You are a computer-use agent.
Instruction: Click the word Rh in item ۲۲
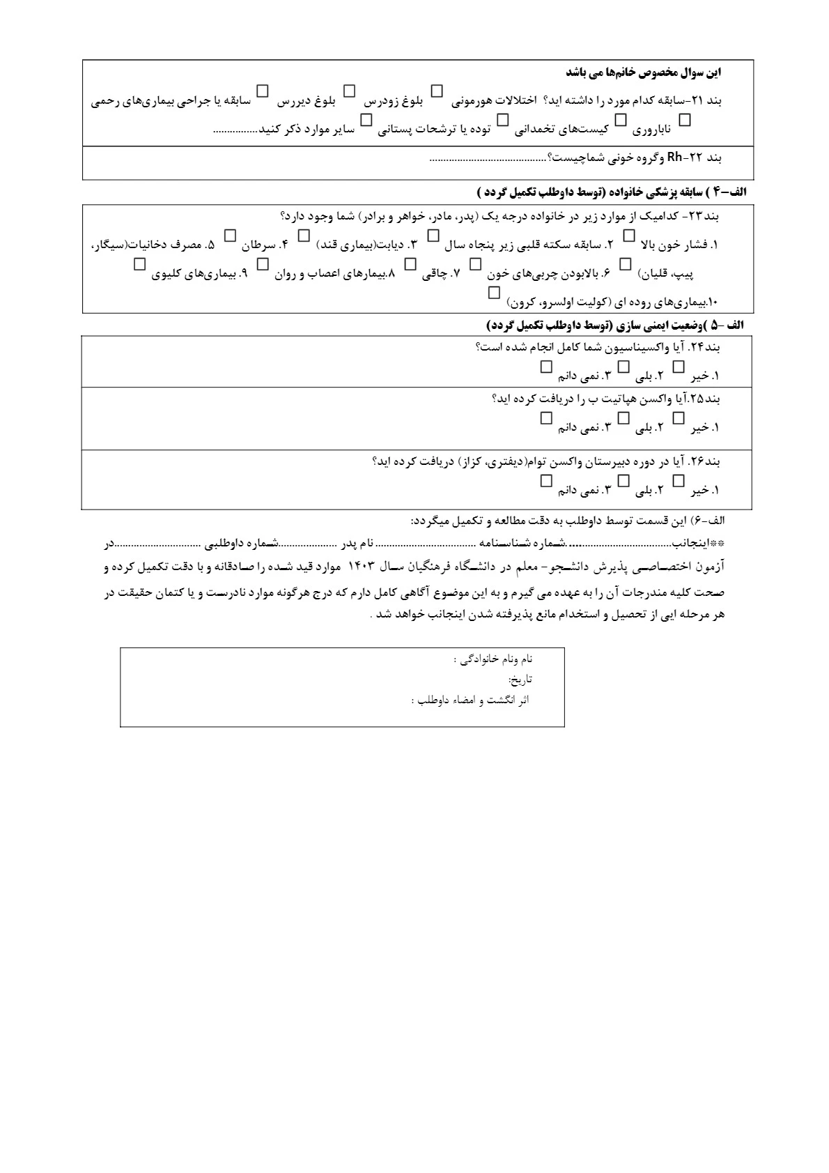[x=674, y=157]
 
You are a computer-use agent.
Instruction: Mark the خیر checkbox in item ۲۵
[x=679, y=418]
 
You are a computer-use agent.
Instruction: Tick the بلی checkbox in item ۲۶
[x=624, y=481]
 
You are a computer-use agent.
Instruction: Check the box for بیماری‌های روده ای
[x=494, y=294]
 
